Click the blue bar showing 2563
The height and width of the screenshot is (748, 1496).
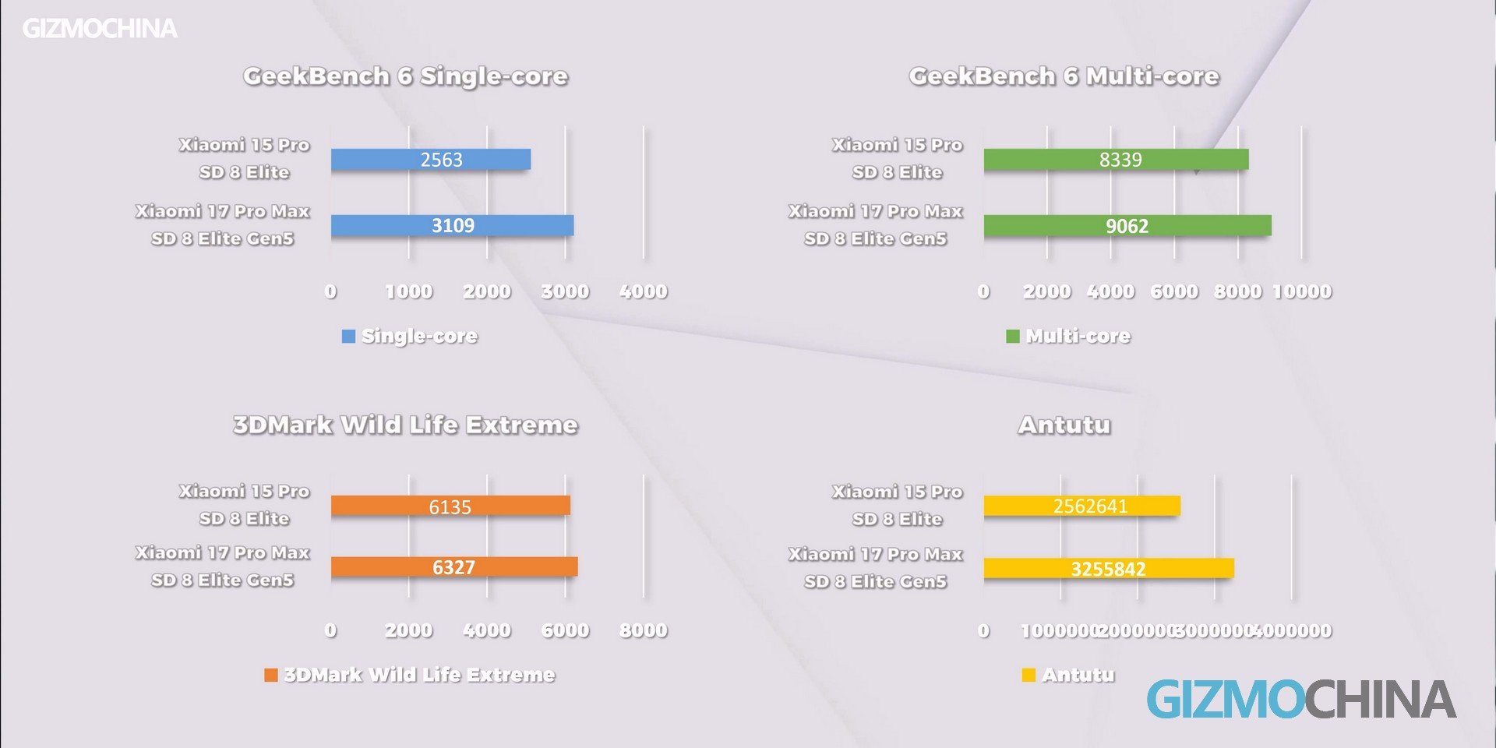tap(430, 160)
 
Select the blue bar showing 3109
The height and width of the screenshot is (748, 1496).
tap(452, 226)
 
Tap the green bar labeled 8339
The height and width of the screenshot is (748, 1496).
tap(1116, 160)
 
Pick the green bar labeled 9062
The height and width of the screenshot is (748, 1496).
tap(1127, 226)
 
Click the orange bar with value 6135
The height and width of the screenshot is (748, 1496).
tap(450, 506)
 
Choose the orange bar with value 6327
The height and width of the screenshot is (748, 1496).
tap(453, 567)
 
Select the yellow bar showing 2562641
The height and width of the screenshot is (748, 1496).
tap(1081, 506)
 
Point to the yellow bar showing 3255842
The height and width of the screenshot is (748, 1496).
tap(1108, 569)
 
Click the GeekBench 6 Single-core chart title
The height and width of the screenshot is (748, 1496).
tap(405, 76)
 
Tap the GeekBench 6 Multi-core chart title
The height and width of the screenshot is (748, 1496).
tap(1064, 76)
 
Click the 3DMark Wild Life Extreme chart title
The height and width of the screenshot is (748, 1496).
tap(405, 425)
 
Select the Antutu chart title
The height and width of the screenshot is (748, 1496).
tap(1064, 425)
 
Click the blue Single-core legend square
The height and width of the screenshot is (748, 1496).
tap(348, 337)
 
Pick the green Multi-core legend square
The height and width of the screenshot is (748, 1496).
tap(1013, 337)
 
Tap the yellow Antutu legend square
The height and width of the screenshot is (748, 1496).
tap(1028, 675)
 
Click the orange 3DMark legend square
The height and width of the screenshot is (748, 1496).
tap(271, 675)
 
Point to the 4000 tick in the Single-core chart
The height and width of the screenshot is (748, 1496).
tap(644, 291)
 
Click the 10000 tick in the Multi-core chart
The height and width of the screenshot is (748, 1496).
tap(1302, 291)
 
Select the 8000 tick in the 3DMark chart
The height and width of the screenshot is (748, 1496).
tap(644, 630)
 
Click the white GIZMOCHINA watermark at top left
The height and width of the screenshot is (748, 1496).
tap(100, 29)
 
